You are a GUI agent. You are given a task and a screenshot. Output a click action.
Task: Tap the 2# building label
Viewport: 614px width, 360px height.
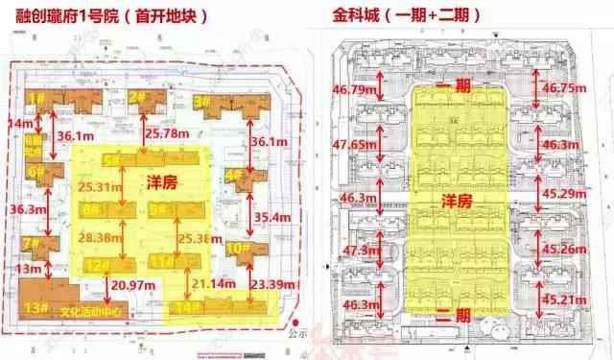pyautogui.click(x=136, y=96)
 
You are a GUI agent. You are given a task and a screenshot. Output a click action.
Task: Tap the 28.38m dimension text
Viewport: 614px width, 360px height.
pyautogui.click(x=103, y=236)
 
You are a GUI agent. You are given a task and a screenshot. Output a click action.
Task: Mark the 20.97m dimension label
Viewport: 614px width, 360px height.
pyautogui.click(x=134, y=286)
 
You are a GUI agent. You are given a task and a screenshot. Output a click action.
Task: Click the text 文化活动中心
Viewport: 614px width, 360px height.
pyautogui.click(x=91, y=310)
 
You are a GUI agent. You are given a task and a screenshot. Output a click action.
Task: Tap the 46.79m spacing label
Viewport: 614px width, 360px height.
pyautogui.click(x=356, y=89)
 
